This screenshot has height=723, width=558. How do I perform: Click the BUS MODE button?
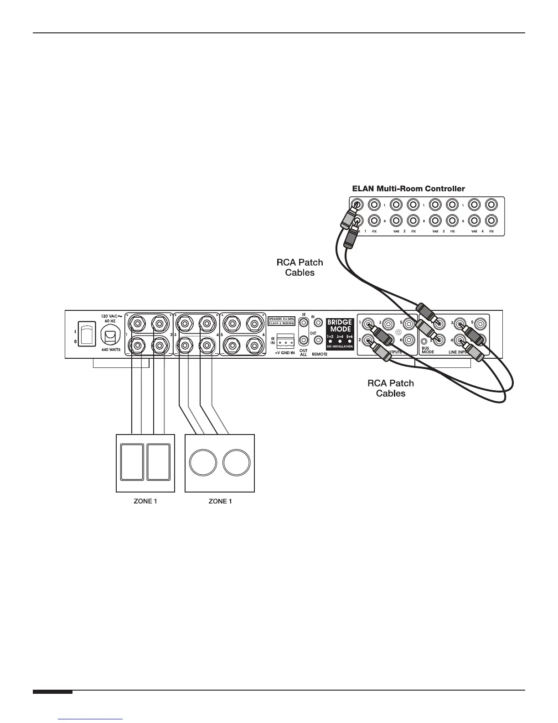coord(424,341)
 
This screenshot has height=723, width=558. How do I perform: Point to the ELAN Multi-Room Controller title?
coord(408,189)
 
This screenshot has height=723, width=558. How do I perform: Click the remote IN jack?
coord(319,323)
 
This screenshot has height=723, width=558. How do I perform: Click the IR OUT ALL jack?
coord(303,340)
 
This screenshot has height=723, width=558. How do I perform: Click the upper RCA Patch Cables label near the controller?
coord(300,267)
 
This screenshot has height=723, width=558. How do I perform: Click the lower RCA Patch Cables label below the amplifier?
coord(391,388)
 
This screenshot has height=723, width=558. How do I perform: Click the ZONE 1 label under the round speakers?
coord(220,501)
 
